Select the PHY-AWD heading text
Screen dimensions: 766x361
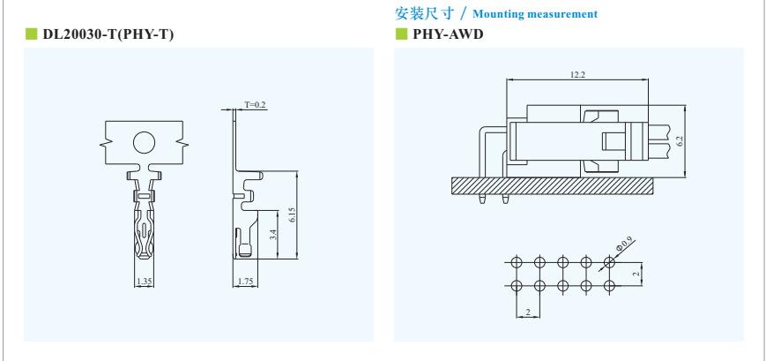coord(446,34)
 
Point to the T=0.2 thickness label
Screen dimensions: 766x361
coord(255,105)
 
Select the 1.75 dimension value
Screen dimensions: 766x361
coord(248,282)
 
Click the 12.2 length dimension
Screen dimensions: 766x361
coord(577,75)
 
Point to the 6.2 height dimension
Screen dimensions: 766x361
coord(680,139)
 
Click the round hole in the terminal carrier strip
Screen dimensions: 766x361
coord(144,141)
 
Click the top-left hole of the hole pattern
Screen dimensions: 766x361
coord(517,262)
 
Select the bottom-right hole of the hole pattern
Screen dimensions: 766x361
coord(609,285)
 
